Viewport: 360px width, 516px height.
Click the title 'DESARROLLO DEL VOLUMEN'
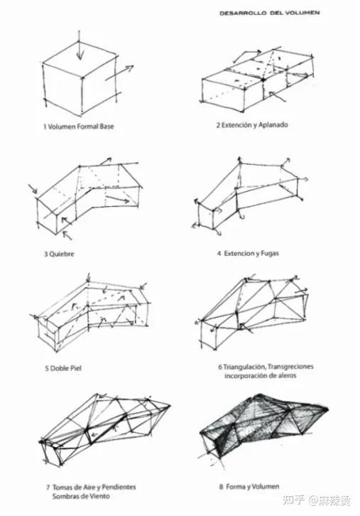click(x=269, y=13)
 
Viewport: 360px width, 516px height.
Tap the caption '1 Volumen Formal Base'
click(x=79, y=127)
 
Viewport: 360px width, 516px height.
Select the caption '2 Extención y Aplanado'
click(x=252, y=125)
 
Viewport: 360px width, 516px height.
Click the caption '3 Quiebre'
click(x=59, y=254)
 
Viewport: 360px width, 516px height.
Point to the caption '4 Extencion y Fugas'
click(x=248, y=254)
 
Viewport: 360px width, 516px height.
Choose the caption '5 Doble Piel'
click(x=62, y=368)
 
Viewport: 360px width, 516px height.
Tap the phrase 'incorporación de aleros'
click(x=261, y=375)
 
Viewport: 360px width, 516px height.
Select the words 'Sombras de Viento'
click(x=81, y=496)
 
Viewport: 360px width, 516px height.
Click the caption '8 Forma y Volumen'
click(x=249, y=486)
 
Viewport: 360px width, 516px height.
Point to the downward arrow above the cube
click(x=80, y=45)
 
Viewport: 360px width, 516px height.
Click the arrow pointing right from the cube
click(x=119, y=72)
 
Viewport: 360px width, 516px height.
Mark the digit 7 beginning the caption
click(x=48, y=488)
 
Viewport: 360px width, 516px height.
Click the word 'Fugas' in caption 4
click(x=270, y=254)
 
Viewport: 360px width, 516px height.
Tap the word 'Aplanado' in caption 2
click(x=273, y=125)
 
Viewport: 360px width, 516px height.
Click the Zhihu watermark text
click(x=316, y=500)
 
